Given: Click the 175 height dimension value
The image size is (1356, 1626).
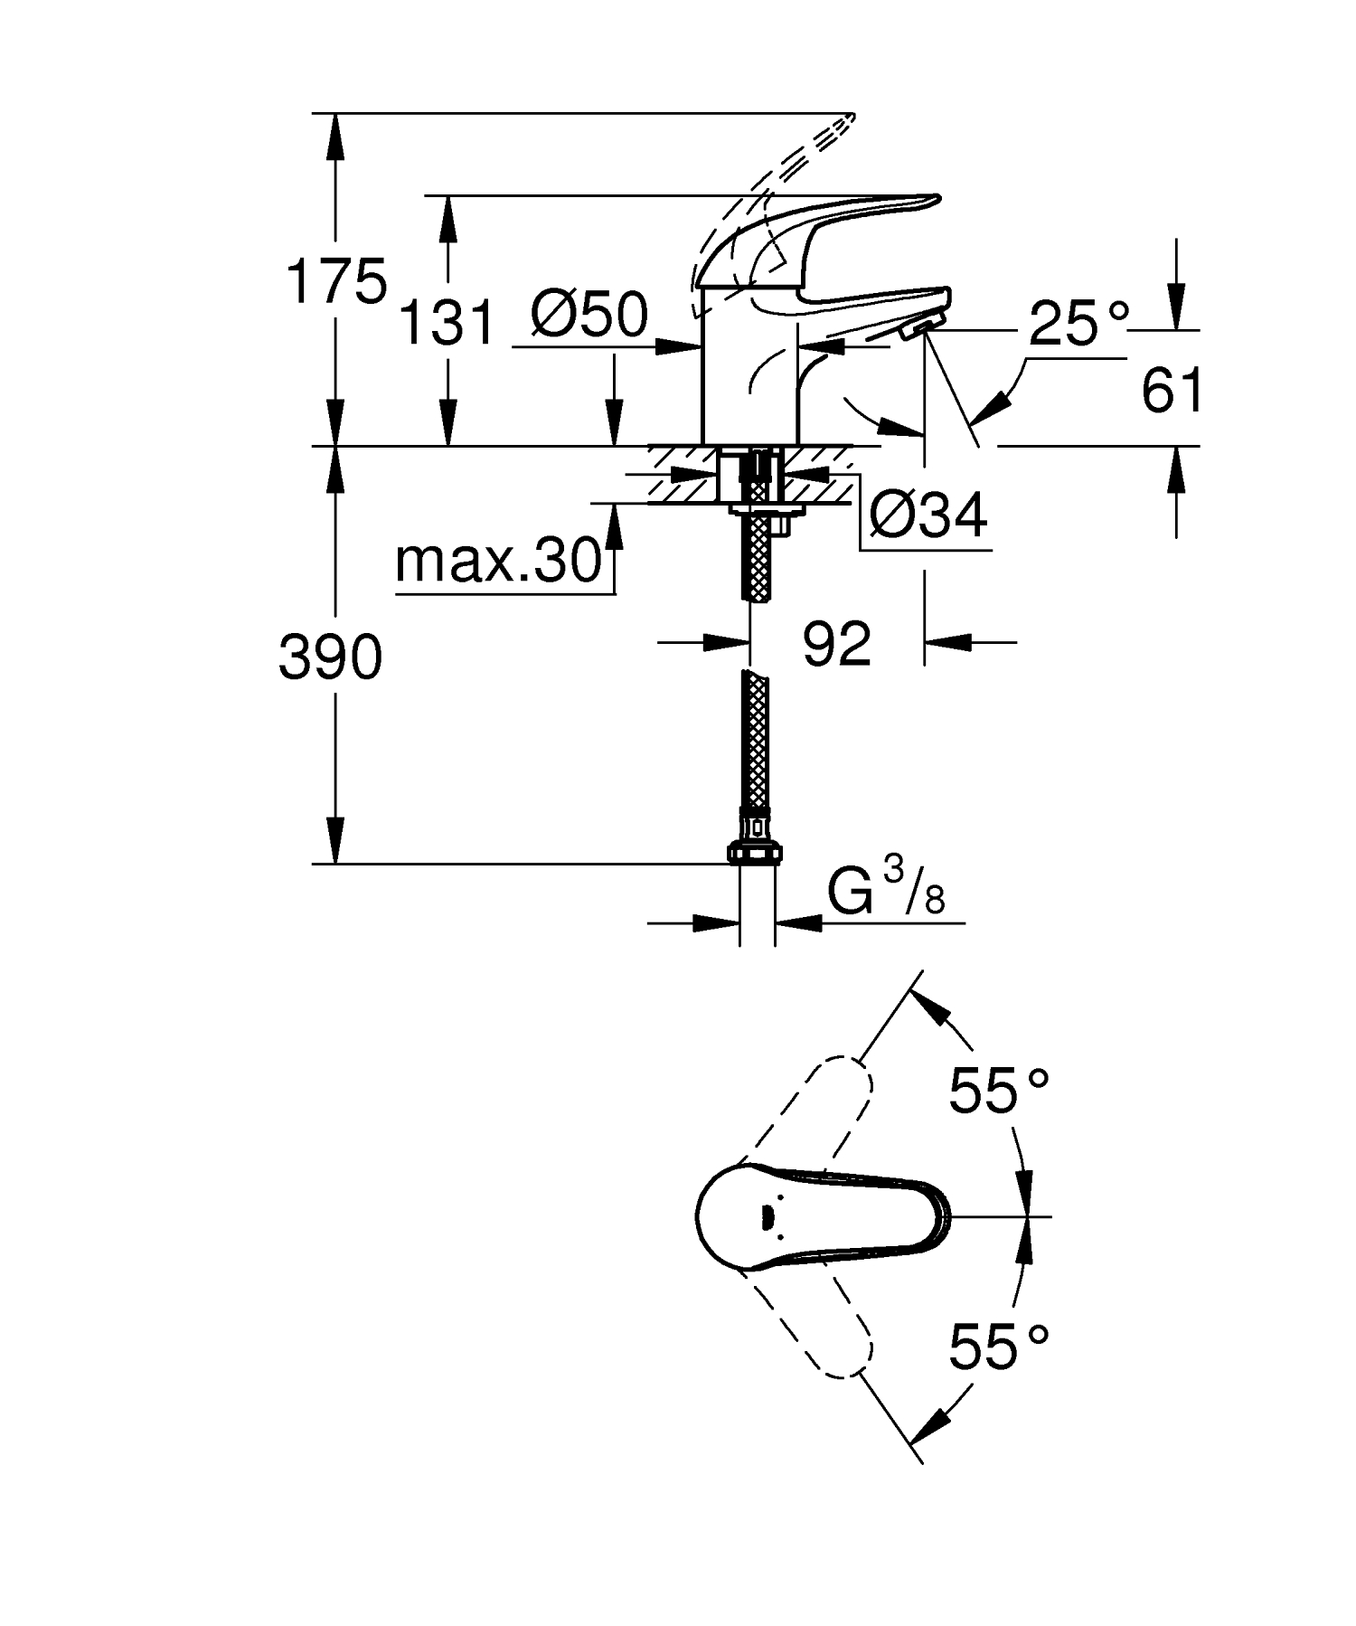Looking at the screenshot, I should pyautogui.click(x=335, y=280).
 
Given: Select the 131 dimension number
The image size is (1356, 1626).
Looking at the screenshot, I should pyautogui.click(x=447, y=323).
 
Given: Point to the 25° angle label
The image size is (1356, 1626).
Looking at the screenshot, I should pyautogui.click(x=1079, y=323).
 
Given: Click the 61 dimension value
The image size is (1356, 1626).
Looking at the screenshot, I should pyautogui.click(x=1172, y=392).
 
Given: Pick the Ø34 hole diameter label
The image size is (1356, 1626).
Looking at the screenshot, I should pyautogui.click(x=928, y=516).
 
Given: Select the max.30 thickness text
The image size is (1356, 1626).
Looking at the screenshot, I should pyautogui.click(x=498, y=562).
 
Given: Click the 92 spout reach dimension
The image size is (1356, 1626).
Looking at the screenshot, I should pyautogui.click(x=836, y=644).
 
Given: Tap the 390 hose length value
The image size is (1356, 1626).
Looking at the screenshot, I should pyautogui.click(x=330, y=657).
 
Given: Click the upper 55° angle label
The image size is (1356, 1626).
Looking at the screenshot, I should pyautogui.click(x=997, y=1091).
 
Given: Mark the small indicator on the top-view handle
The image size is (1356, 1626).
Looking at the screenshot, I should pyautogui.click(x=767, y=1217).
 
